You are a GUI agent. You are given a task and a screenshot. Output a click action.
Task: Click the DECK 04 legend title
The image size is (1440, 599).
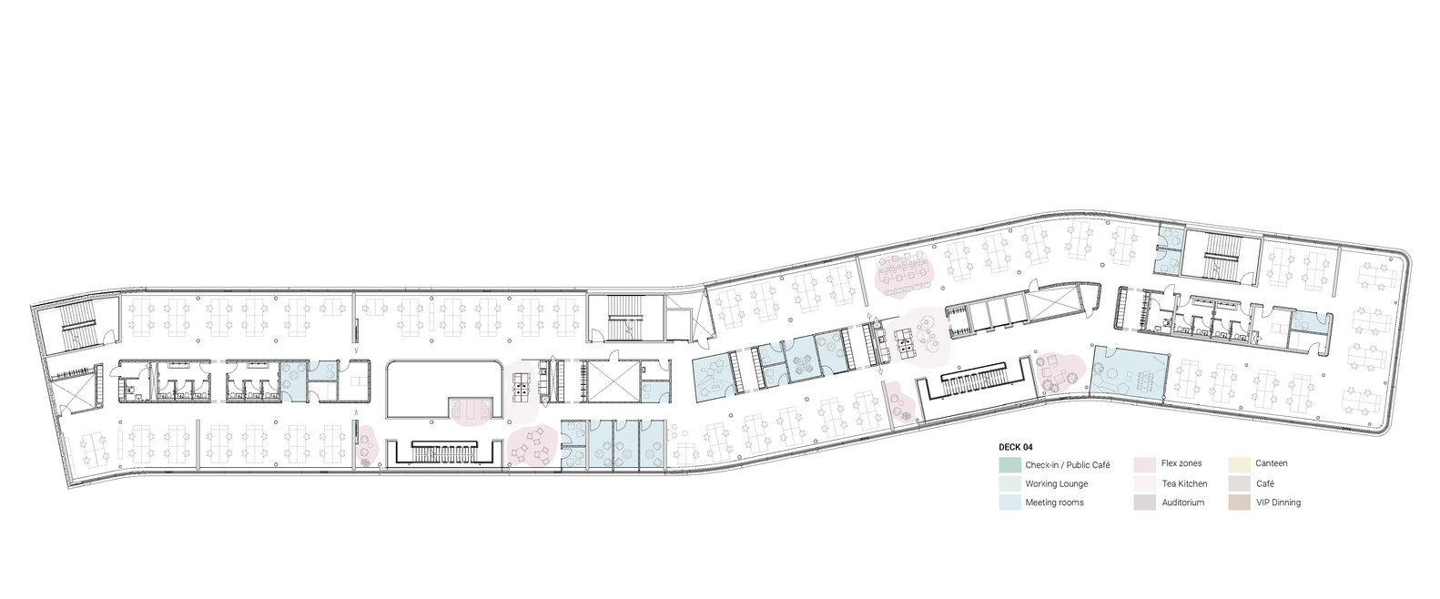(x=1016, y=447)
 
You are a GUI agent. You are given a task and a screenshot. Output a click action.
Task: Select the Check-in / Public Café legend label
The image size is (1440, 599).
(x=1067, y=464)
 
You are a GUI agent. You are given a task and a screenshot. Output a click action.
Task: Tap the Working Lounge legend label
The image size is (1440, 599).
(x=1056, y=483)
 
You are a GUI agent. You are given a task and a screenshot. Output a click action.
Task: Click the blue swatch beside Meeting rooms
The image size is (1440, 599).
(x=1009, y=503)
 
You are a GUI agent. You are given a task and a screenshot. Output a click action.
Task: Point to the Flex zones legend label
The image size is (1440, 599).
(x=1181, y=464)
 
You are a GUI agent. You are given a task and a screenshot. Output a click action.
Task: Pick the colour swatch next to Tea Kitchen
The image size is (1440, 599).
(x=1144, y=483)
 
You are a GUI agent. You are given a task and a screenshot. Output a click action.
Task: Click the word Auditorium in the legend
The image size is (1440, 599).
(x=1182, y=503)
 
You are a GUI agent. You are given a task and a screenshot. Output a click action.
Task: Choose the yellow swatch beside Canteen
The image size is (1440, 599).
(x=1238, y=464)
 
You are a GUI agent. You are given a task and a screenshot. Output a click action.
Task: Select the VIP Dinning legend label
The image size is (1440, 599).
(x=1277, y=503)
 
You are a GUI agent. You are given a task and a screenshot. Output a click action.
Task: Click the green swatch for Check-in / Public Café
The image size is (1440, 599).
(x=1009, y=464)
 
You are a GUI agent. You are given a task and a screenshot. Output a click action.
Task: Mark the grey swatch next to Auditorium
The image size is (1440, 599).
(x=1144, y=503)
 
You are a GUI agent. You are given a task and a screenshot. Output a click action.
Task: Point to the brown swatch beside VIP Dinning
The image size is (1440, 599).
(x=1238, y=503)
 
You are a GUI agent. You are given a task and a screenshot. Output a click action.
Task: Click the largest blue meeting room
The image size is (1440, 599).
(x=1129, y=372)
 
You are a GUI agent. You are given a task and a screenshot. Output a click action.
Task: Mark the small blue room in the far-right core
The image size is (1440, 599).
(x=1304, y=320)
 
